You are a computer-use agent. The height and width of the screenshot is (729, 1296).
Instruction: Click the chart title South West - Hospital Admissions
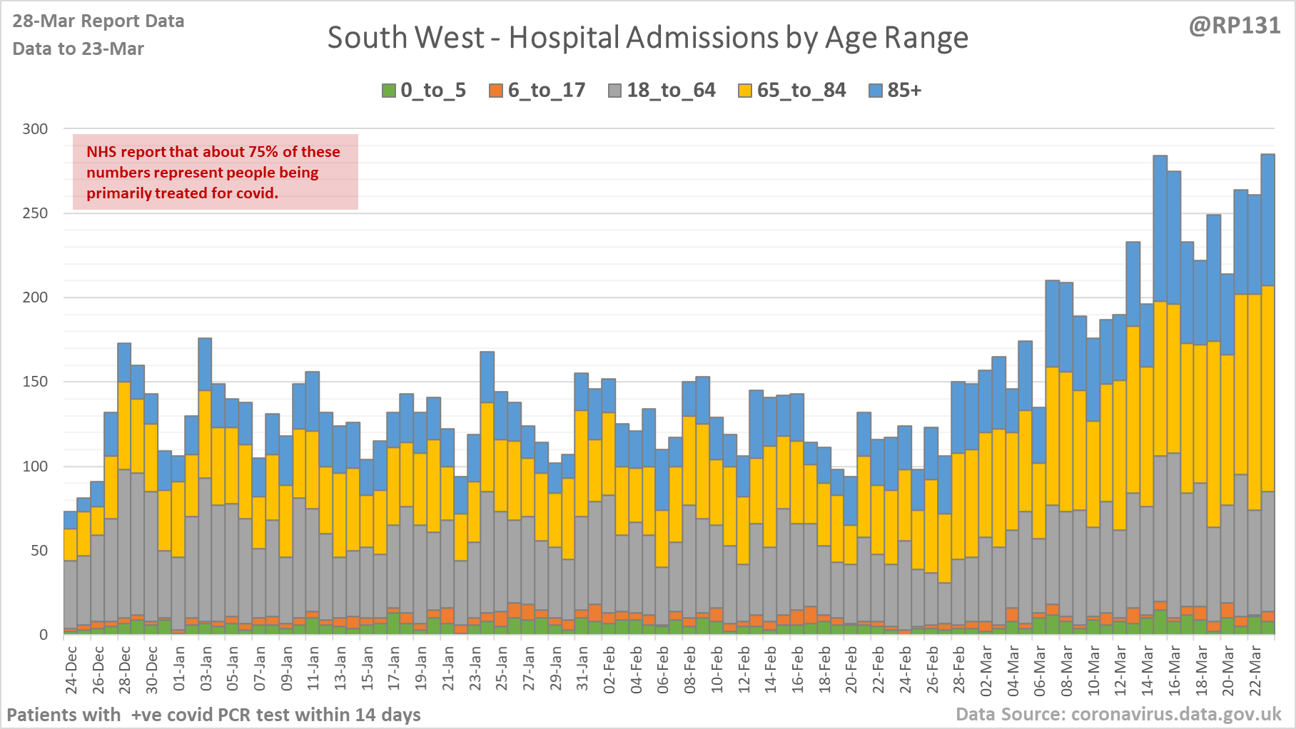[647, 38]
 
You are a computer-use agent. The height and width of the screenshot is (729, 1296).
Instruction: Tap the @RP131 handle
[1235, 26]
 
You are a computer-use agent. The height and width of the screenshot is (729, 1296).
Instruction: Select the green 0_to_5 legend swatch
[389, 91]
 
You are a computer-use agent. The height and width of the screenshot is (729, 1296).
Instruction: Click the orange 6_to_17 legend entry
[537, 91]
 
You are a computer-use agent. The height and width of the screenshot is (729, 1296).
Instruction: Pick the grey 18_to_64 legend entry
[662, 91]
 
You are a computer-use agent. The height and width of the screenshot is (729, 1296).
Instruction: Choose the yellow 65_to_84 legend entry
[791, 91]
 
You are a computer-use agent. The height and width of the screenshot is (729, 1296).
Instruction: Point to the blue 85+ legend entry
[895, 91]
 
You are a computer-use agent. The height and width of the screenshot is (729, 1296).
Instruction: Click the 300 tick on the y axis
[35, 129]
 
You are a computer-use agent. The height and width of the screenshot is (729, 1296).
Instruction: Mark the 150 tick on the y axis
[35, 382]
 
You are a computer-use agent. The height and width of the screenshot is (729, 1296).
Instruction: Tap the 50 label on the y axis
[39, 551]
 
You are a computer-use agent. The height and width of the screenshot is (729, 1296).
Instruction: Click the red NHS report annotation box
[215, 172]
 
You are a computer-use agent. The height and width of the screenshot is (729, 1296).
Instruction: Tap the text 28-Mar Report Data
[98, 21]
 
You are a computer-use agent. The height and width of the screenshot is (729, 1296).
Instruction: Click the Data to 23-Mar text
[79, 49]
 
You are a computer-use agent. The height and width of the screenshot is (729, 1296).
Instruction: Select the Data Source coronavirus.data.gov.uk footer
[1118, 715]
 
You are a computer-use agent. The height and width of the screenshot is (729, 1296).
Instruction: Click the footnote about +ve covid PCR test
[213, 715]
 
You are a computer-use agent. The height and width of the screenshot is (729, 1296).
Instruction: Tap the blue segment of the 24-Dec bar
[71, 520]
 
